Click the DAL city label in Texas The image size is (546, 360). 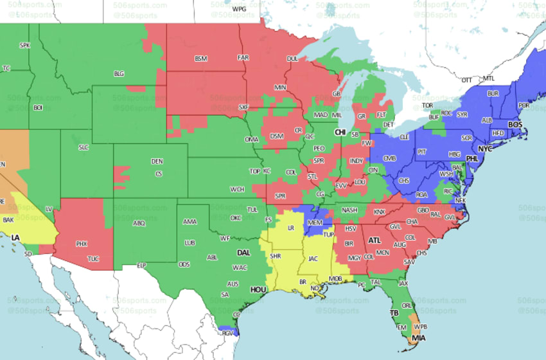(243, 253)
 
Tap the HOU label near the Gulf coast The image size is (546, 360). (258, 290)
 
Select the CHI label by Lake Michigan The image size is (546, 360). (340, 132)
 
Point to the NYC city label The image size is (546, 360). (485, 148)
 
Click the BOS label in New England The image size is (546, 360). (515, 124)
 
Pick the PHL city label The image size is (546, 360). (473, 158)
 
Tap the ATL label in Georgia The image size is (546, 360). (374, 240)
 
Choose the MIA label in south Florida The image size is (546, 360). (419, 338)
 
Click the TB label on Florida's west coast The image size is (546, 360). (394, 313)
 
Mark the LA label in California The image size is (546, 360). (15, 238)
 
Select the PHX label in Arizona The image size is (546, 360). (82, 244)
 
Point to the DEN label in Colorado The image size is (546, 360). (157, 161)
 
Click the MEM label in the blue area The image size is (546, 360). (315, 222)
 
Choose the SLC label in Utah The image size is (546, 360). (84, 147)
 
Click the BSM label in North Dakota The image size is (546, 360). (202, 59)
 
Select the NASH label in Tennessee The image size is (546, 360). (349, 210)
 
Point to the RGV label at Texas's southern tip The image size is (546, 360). (227, 332)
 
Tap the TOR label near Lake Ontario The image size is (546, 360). (428, 105)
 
